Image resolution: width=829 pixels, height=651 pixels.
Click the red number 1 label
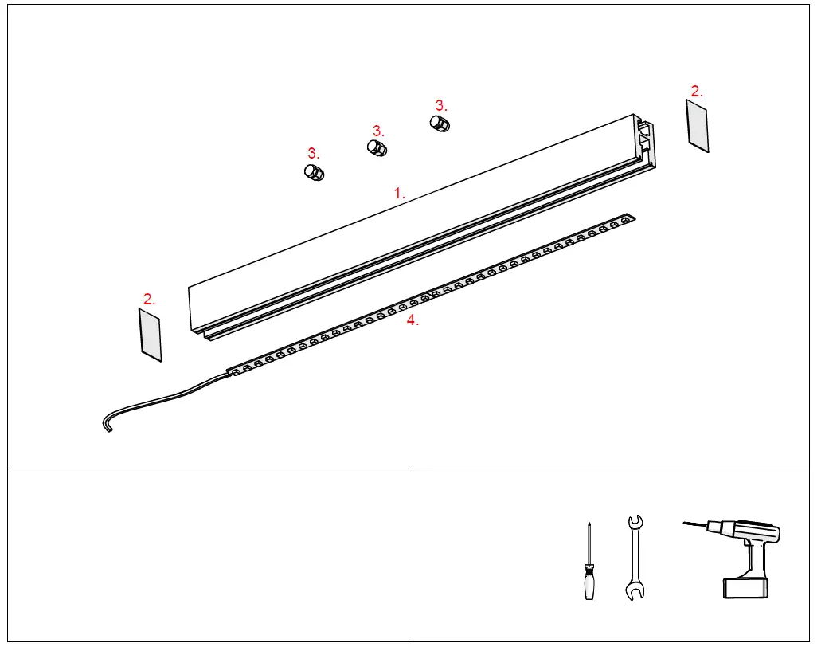[x=400, y=193]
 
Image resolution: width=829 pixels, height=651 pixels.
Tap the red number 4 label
[x=412, y=320]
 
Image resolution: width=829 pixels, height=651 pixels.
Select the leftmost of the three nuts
[x=314, y=172]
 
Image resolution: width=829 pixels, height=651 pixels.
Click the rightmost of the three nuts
[x=440, y=124]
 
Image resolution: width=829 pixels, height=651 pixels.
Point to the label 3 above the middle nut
[x=377, y=130]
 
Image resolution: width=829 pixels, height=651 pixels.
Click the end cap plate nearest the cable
[x=151, y=335]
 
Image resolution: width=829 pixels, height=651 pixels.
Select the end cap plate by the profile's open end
[x=697, y=125]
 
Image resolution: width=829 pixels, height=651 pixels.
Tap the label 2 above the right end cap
[x=696, y=91]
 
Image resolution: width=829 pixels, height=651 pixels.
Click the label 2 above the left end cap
[x=149, y=300]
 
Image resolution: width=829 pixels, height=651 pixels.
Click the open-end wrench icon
[x=635, y=557]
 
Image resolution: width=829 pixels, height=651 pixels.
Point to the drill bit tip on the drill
[x=686, y=523]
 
